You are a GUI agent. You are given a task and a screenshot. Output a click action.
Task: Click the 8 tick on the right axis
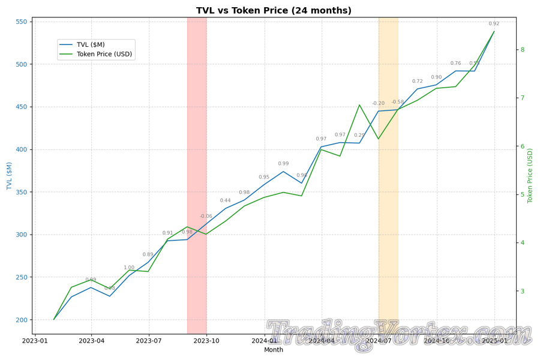tap(523, 50)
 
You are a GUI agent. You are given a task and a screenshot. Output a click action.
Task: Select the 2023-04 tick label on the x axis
tap(91, 341)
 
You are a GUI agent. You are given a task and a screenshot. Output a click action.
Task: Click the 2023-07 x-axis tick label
tap(149, 341)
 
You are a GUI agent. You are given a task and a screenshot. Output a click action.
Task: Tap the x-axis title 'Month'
tap(274, 350)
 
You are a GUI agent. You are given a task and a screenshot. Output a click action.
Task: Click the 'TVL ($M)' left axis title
tap(10, 176)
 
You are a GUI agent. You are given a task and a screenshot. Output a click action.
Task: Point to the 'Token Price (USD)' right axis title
tap(530, 176)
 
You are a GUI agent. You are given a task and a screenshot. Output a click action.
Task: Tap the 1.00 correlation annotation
tap(129, 268)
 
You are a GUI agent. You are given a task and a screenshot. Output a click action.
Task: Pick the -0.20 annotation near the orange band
tap(378, 104)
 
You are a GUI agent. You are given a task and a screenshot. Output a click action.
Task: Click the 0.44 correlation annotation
tap(225, 201)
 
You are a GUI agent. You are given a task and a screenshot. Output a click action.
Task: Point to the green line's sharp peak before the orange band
tap(359, 105)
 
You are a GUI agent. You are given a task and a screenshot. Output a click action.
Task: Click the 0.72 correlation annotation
tap(418, 82)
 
